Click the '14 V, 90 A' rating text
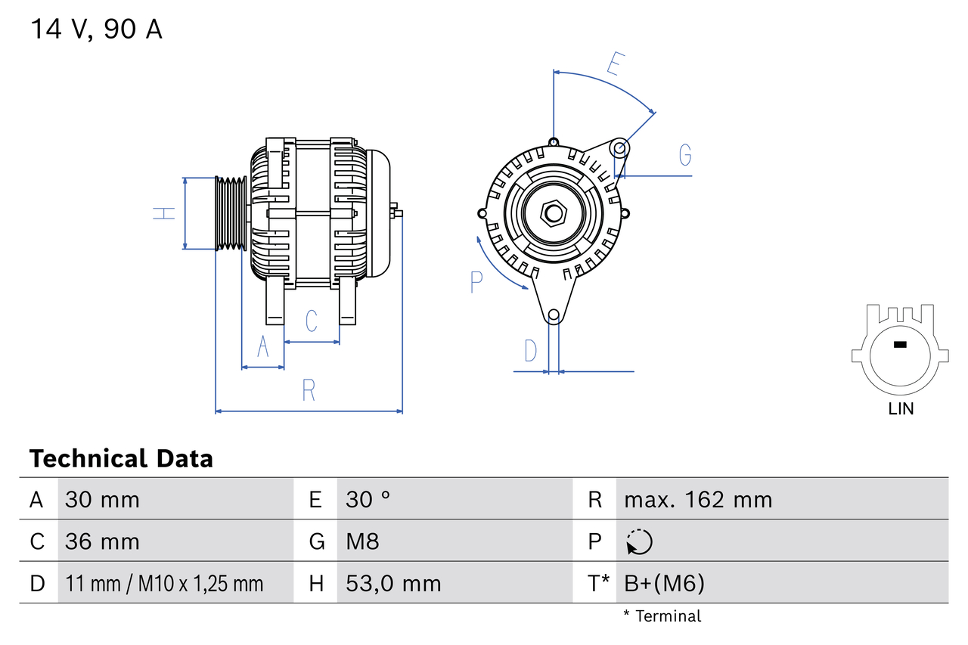coord(96,29)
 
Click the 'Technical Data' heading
coord(121,458)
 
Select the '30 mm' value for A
coord(102,499)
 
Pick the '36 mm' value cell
coord(102,541)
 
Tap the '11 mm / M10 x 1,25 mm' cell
coord(164,583)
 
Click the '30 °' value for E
coord(368,499)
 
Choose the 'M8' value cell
coord(362,541)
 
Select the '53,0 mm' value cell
coord(393,583)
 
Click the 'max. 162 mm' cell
coord(698,499)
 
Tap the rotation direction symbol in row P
coord(639,541)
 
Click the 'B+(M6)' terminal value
coord(664,583)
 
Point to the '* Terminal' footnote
coord(662,616)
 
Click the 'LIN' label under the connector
coord(900,409)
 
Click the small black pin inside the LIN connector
coord(899,345)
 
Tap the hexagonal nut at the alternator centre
coord(554,214)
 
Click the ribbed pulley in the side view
coord(231,214)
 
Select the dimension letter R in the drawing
coord(309,391)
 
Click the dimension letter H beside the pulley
coord(164,214)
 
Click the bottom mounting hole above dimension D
coord(554,315)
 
